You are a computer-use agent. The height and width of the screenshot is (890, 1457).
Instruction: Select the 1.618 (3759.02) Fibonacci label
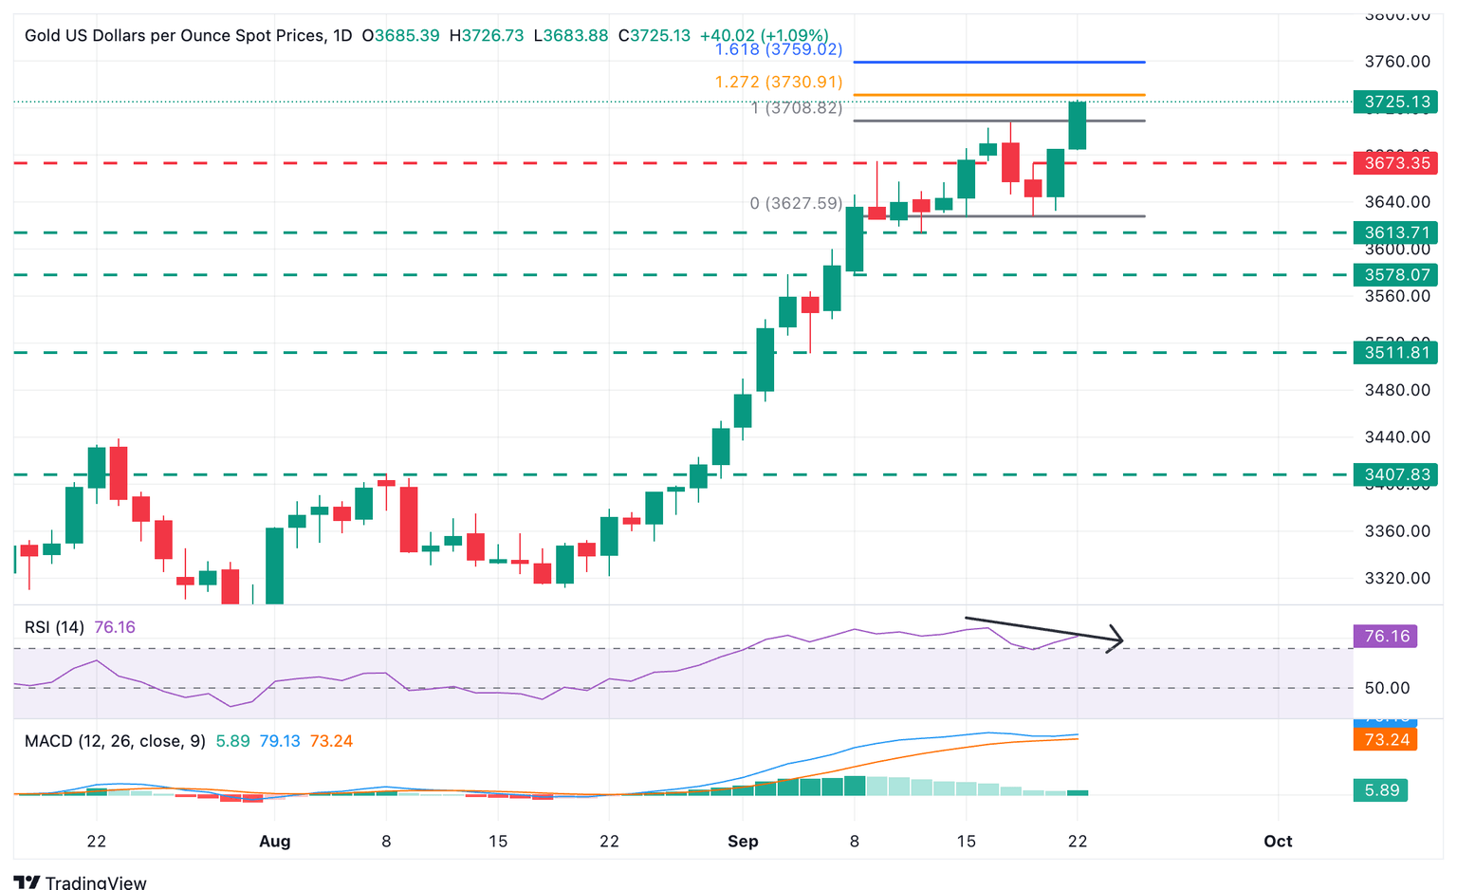(778, 49)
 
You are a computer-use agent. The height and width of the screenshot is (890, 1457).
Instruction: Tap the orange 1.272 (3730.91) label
(778, 83)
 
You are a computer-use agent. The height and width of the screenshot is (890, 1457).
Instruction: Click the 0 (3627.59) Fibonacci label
(795, 203)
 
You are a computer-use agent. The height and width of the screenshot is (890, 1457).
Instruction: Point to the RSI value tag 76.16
(1386, 636)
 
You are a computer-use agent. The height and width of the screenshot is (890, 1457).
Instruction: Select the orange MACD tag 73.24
(1386, 739)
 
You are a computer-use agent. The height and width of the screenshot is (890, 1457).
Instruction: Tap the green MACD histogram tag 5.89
(1380, 790)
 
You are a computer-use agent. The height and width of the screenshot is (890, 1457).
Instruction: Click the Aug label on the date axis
(274, 841)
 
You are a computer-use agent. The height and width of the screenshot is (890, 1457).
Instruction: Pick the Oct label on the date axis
(1278, 841)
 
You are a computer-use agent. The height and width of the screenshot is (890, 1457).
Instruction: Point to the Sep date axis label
(743, 841)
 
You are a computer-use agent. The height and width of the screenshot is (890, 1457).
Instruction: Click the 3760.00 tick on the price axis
(1396, 62)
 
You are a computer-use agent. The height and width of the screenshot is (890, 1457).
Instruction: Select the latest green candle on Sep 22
(1077, 125)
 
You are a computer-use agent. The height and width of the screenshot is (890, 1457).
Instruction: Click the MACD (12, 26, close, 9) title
(115, 741)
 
